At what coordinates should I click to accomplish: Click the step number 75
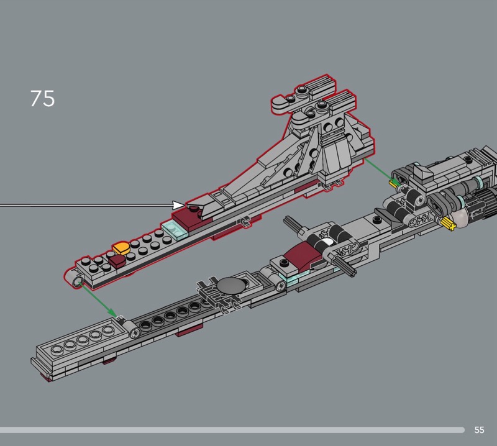42,99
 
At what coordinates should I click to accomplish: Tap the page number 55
479,430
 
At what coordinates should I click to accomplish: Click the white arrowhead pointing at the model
179,205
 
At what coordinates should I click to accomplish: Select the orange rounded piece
121,248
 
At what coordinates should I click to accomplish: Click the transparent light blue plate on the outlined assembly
174,230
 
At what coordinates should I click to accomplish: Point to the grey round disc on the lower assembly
230,285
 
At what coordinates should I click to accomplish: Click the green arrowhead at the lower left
112,314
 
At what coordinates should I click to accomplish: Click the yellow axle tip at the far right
448,222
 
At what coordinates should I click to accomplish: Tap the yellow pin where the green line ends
393,183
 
